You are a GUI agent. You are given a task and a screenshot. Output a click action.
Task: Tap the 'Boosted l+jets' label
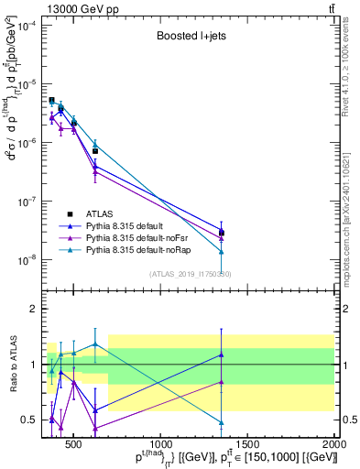pyautogui.click(x=184, y=38)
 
